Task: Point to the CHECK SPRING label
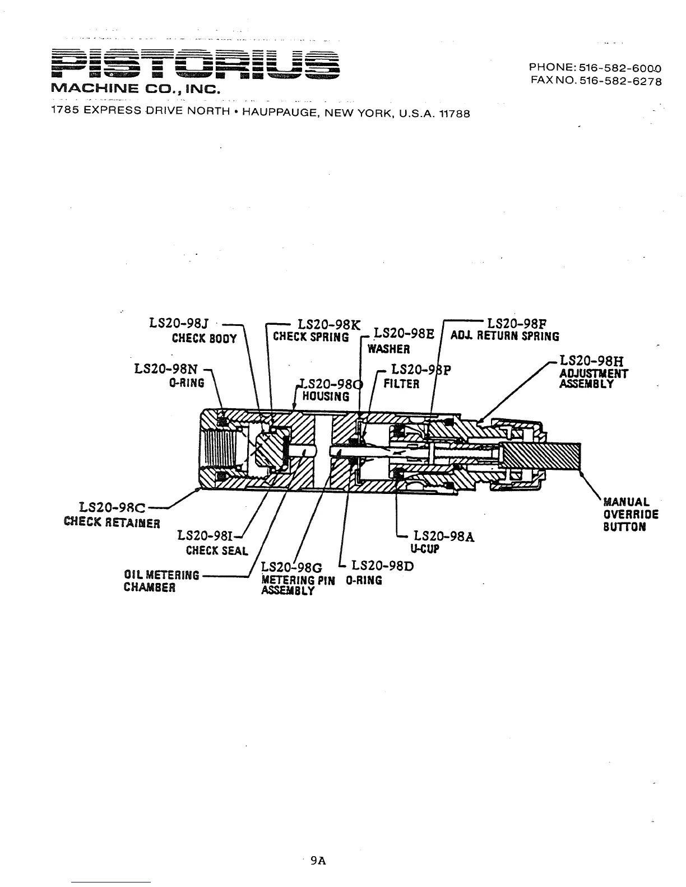(310, 337)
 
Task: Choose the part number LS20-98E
(404, 334)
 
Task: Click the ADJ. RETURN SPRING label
(504, 337)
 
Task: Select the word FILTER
(401, 384)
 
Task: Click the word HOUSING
(326, 396)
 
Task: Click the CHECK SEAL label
(217, 550)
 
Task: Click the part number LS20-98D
(382, 566)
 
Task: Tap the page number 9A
(318, 861)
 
